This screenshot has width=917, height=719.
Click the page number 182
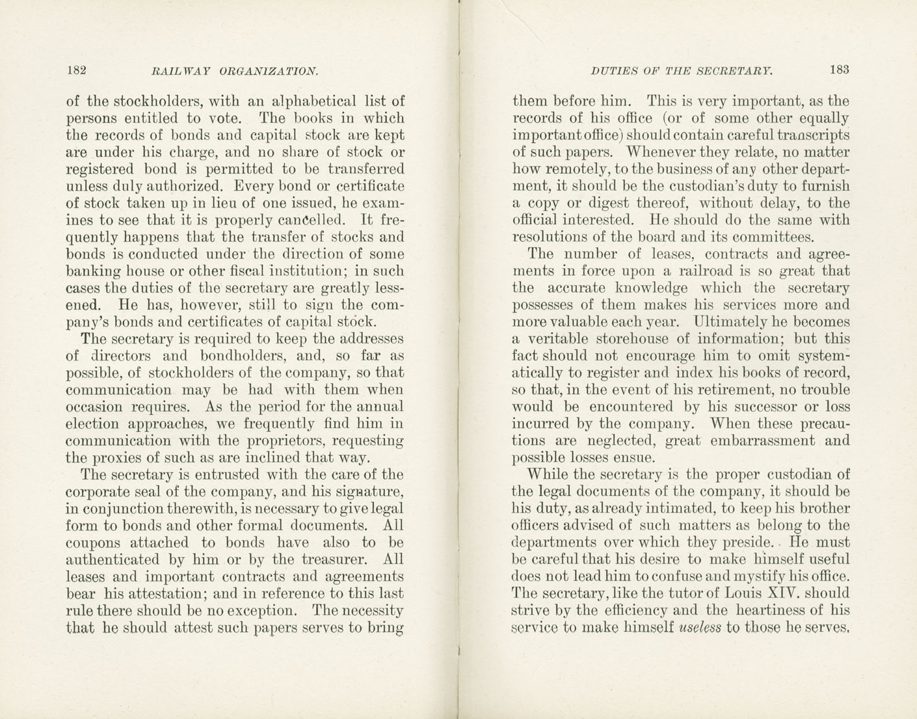pos(77,70)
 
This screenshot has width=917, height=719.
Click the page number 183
pos(839,70)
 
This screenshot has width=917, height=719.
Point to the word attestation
pos(163,593)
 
